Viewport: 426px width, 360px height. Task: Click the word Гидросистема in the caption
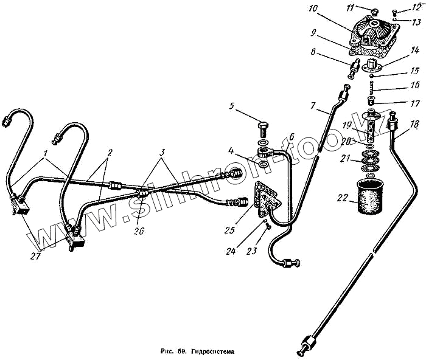[211, 351]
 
